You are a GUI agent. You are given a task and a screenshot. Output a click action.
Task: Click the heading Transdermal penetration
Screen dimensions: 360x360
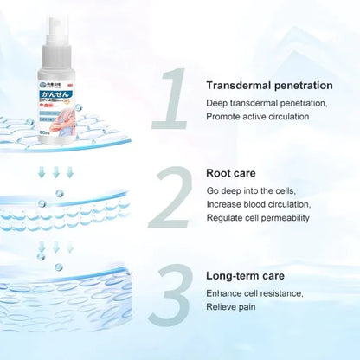[x=269, y=85]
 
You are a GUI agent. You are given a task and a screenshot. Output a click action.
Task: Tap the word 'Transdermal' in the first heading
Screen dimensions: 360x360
[x=241, y=85]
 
